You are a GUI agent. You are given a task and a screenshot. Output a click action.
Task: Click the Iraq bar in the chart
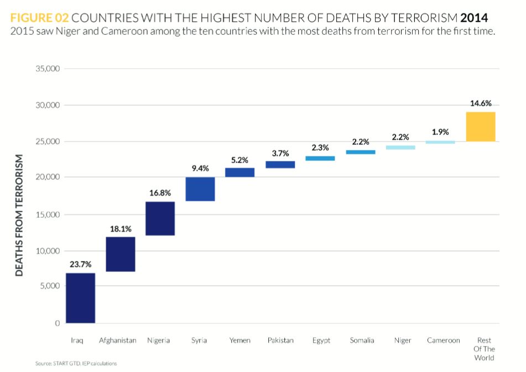click(x=80, y=298)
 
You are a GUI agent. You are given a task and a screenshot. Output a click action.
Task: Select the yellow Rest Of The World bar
click(x=480, y=127)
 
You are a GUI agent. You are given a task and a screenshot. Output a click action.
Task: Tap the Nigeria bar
click(x=160, y=218)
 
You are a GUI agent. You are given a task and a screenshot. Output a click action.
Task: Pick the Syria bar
click(x=200, y=189)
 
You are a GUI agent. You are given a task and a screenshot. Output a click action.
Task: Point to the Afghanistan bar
click(x=120, y=254)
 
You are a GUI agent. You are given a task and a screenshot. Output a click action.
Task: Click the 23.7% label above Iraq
click(x=80, y=264)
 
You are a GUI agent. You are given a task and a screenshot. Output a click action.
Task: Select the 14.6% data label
click(x=480, y=103)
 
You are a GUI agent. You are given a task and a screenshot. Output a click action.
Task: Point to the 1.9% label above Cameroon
click(x=440, y=132)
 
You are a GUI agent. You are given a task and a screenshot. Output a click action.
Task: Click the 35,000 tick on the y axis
click(x=49, y=69)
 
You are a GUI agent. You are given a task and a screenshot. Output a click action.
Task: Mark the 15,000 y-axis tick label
click(x=49, y=214)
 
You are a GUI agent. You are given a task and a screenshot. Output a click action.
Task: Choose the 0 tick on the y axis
click(x=56, y=323)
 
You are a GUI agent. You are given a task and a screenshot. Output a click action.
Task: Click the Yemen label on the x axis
click(x=240, y=340)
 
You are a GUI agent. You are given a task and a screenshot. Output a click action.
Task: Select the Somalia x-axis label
click(x=362, y=340)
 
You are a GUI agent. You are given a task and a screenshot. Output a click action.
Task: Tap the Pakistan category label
click(x=280, y=340)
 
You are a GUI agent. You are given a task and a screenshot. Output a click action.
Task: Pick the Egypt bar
click(x=320, y=159)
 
